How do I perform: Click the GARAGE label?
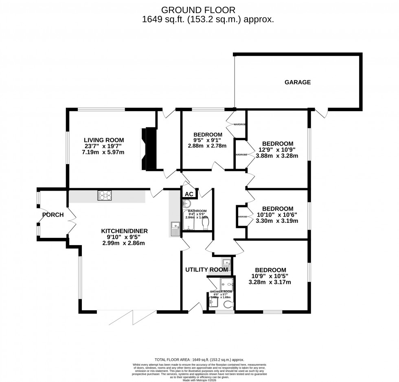(x=297, y=82)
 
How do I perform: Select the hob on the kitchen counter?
(x=104, y=196)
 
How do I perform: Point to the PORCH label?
(x=53, y=215)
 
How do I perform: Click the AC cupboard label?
(x=189, y=194)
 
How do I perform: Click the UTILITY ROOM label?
(x=206, y=270)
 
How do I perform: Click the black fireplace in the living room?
(x=149, y=149)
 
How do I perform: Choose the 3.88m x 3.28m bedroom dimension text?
(x=278, y=156)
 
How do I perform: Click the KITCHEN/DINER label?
(x=124, y=231)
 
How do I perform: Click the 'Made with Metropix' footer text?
(x=199, y=380)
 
